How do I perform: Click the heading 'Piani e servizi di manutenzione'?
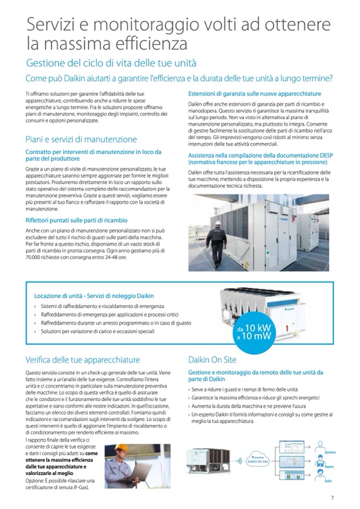coord(81,139)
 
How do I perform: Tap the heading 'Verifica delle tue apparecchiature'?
coord(82,360)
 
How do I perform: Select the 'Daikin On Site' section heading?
coord(212,360)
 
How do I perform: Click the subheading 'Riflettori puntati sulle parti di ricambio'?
coord(76,220)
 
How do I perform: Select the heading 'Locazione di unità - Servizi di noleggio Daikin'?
coord(95,296)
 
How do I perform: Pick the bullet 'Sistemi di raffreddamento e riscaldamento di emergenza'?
coord(103,306)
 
